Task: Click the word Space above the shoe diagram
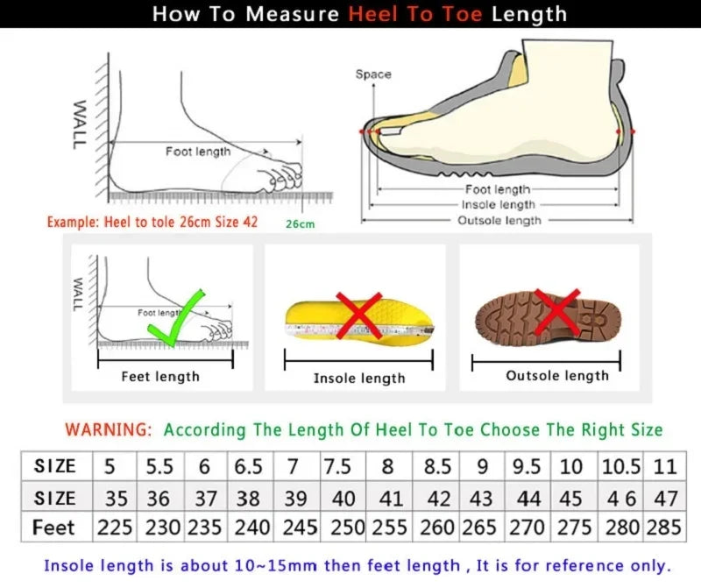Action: pos(373,74)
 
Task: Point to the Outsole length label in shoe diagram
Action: pos(499,221)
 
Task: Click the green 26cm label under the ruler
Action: pos(300,224)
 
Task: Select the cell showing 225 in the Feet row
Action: pos(116,528)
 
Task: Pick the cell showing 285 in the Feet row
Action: pos(666,528)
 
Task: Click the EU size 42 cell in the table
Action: pos(437,498)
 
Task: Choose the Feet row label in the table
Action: pos(53,528)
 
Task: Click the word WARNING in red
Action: pos(109,429)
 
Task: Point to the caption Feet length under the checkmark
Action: pos(160,377)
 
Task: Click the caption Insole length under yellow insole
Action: pos(359,378)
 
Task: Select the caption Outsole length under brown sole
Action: pos(557,375)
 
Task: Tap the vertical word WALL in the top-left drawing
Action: pos(79,124)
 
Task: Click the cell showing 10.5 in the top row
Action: pos(620,466)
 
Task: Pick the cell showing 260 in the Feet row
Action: pos(437,528)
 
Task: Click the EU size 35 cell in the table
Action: pos(116,498)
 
